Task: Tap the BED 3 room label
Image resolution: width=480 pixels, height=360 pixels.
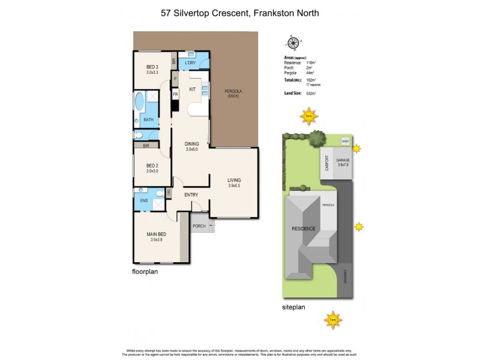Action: [x=152, y=67]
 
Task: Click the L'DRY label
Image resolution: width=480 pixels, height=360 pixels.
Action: [x=190, y=63]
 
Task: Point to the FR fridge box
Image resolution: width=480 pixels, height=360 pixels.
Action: [x=176, y=95]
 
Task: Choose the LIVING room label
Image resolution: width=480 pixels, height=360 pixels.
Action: [x=234, y=180]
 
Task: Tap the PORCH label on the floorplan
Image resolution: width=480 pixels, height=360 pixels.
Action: [x=199, y=226]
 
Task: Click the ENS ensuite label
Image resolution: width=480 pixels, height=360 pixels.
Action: [x=144, y=201]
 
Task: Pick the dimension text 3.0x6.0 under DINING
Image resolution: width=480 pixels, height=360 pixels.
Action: [x=191, y=149]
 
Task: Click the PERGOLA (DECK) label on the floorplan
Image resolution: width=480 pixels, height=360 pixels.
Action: [x=233, y=94]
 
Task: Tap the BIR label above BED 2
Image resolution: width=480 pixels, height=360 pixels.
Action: [x=146, y=145]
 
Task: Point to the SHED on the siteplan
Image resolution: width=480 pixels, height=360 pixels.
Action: [x=344, y=142]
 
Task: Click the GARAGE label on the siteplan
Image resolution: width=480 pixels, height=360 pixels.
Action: [x=343, y=161]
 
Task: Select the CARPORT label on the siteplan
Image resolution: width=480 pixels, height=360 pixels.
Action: [x=327, y=164]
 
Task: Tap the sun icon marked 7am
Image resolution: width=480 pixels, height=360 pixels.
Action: [x=332, y=320]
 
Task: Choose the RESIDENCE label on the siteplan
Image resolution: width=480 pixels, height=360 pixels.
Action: [x=304, y=229]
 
